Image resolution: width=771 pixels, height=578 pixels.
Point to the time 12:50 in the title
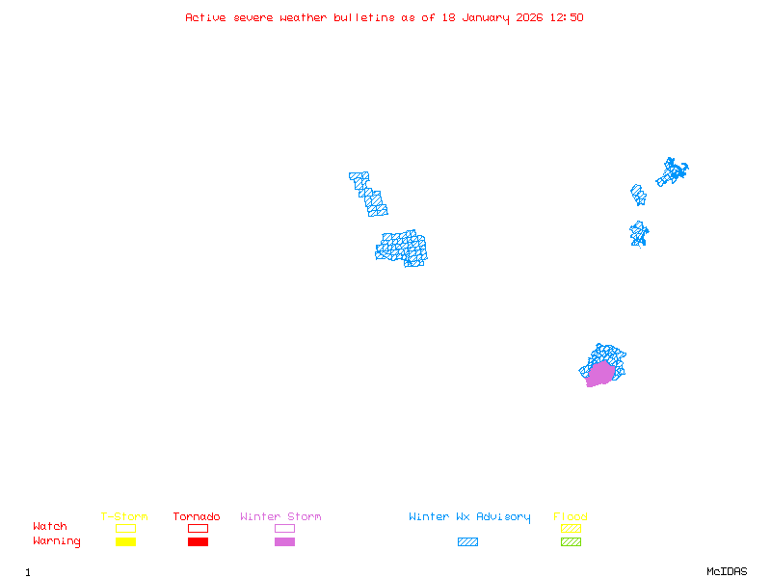tap(567, 17)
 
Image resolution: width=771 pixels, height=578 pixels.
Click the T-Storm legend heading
tap(124, 517)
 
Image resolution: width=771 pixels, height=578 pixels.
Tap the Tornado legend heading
tap(197, 517)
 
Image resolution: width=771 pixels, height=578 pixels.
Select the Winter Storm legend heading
tap(280, 517)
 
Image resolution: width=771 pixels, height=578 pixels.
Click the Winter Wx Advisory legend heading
tap(469, 517)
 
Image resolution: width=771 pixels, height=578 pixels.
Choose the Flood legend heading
tap(571, 517)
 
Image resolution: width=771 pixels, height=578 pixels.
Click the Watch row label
tap(50, 527)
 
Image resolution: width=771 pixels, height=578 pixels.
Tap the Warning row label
tap(57, 541)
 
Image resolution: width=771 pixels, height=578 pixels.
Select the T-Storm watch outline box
tap(125, 528)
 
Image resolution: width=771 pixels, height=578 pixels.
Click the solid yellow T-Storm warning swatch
tap(125, 541)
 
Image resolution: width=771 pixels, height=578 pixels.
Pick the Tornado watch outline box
tap(198, 528)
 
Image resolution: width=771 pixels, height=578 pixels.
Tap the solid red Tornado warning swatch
tap(198, 541)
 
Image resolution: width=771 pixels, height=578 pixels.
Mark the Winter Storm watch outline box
tap(284, 528)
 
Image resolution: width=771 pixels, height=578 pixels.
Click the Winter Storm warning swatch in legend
tap(284, 541)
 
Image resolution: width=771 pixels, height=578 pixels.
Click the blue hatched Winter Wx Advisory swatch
tap(467, 541)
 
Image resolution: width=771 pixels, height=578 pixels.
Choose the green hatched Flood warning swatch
tap(571, 541)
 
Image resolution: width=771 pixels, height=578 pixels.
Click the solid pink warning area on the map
tap(600, 374)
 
